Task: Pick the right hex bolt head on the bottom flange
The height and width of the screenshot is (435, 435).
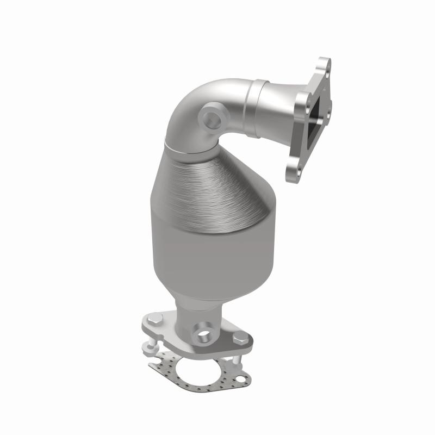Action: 238,338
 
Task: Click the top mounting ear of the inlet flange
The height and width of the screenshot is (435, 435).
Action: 325,65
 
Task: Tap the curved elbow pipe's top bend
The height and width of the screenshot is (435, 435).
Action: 196,92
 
